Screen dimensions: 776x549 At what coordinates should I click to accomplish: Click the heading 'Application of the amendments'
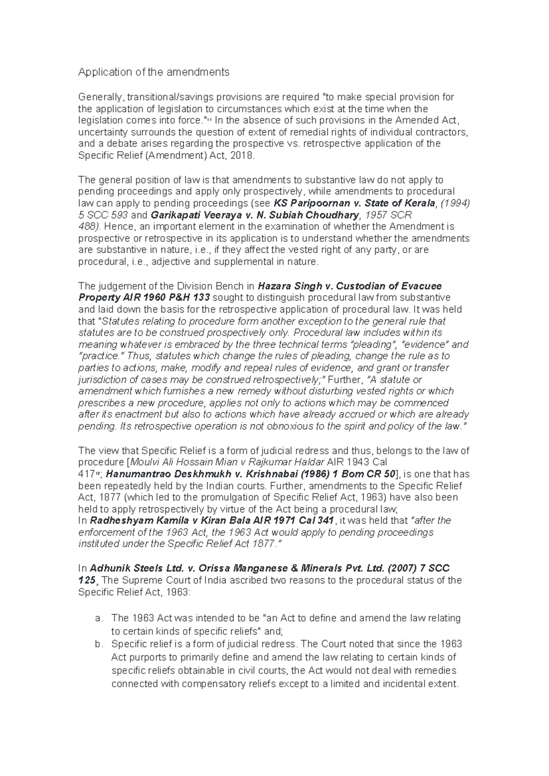point(154,72)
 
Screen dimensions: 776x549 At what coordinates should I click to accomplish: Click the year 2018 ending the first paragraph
point(241,156)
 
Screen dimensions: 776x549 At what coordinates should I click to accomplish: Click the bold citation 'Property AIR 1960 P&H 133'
point(145,297)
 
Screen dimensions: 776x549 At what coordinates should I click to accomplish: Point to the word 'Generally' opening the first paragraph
point(100,97)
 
